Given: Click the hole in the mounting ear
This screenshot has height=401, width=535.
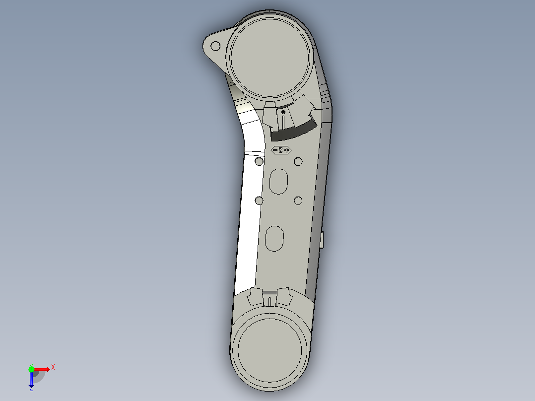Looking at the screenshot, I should (x=215, y=46).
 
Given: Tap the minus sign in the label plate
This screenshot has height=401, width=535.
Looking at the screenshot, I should (x=275, y=150).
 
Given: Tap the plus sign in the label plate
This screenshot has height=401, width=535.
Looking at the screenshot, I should (x=286, y=150).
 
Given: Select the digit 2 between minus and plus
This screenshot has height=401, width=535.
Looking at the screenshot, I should (x=281, y=150).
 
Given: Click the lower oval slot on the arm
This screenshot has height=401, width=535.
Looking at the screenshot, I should (x=274, y=239).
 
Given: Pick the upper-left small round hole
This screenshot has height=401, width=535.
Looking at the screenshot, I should (x=259, y=162).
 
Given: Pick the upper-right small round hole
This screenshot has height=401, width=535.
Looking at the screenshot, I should (x=298, y=162).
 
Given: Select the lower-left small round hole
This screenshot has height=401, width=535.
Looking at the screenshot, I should (x=259, y=200).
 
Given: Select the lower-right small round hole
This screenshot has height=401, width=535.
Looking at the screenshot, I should (x=298, y=200).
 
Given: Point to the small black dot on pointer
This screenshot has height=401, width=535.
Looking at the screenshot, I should (x=283, y=113).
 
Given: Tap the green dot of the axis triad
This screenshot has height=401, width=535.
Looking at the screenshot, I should (x=31, y=369).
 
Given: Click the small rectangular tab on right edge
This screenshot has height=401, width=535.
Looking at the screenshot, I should (x=322, y=241).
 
